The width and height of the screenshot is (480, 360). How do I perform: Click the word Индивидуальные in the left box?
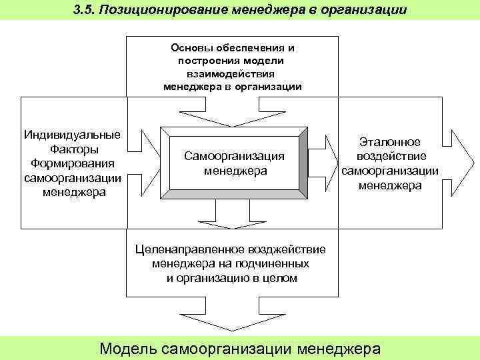72,135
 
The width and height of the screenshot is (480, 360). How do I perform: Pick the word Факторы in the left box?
72,149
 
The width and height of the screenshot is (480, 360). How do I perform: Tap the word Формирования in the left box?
72,163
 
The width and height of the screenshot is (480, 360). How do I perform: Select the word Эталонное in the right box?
390,142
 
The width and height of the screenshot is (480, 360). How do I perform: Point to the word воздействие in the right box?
390,156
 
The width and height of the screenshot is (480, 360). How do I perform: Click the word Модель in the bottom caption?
127,349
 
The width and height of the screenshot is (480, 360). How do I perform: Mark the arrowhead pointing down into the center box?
233,118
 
